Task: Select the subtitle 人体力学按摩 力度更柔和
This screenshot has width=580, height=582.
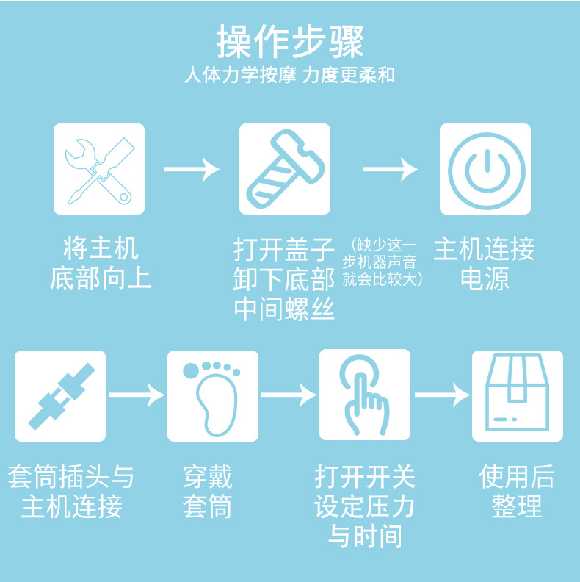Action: click(x=290, y=76)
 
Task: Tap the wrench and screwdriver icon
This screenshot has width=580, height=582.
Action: click(x=99, y=169)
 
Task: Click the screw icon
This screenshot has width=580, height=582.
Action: click(x=285, y=169)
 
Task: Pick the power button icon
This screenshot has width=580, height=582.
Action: click(x=485, y=169)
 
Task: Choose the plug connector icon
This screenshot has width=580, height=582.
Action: click(x=60, y=395)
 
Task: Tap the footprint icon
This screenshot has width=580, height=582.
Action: click(x=213, y=395)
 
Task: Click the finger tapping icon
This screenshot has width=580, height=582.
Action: click(x=365, y=395)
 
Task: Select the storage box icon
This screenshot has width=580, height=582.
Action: click(x=518, y=395)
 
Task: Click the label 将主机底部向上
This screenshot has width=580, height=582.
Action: click(x=101, y=263)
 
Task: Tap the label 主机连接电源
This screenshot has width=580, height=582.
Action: click(x=485, y=264)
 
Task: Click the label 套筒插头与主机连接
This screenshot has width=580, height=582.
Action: click(x=71, y=492)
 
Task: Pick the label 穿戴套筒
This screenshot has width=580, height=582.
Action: click(x=208, y=492)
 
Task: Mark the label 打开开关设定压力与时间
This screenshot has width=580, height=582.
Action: click(x=365, y=506)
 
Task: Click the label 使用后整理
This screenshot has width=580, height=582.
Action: click(x=517, y=492)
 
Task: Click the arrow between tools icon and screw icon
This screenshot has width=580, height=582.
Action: click(x=192, y=169)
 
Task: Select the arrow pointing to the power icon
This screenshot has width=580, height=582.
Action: click(x=390, y=169)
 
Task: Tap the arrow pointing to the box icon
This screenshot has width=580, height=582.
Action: click(x=441, y=395)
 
